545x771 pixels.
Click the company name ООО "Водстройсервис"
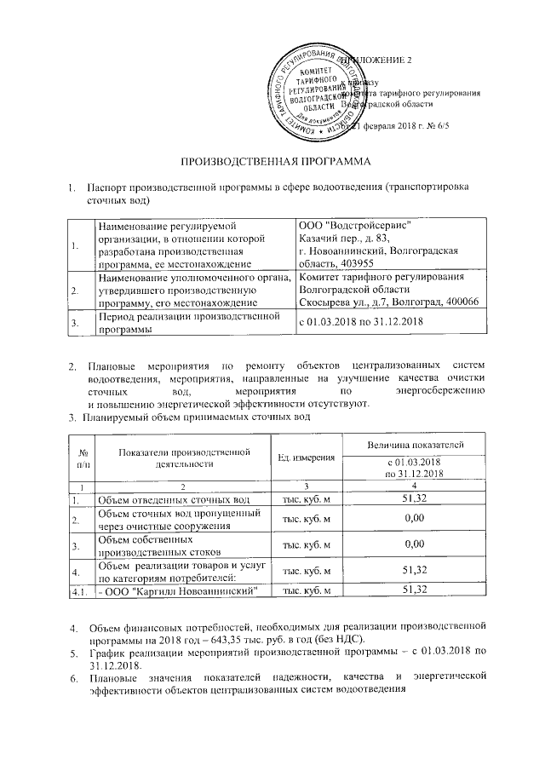[x=356, y=225]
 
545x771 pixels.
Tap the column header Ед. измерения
[x=306, y=458]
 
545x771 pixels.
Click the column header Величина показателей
[x=414, y=445]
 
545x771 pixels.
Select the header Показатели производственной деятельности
[x=183, y=457]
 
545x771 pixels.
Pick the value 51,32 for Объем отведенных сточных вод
[x=414, y=498]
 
